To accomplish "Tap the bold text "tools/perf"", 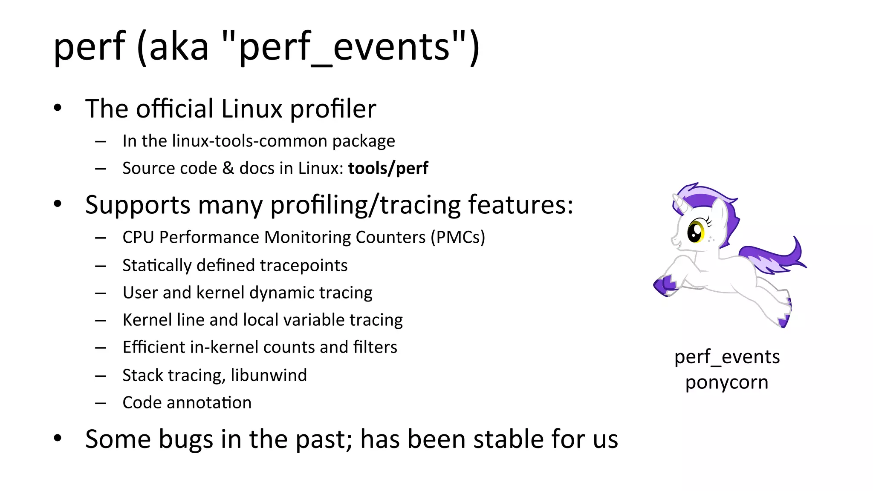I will (388, 168).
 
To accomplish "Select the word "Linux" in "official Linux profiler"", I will (251, 109).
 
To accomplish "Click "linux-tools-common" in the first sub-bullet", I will (250, 141).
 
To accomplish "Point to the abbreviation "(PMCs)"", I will (458, 237).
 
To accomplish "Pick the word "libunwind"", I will (269, 375).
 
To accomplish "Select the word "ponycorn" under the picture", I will (727, 382).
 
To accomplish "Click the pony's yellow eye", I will (696, 232).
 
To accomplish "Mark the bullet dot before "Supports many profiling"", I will (58, 204).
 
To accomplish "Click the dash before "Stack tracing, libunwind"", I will (101, 376).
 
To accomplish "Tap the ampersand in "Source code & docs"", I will (228, 168).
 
